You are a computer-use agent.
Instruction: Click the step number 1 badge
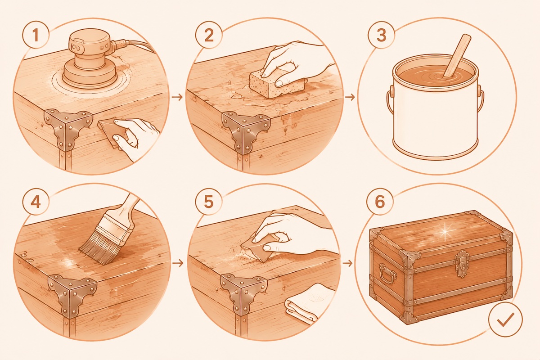[36, 35]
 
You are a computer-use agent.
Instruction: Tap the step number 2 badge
[209, 36]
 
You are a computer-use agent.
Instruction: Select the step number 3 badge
[382, 35]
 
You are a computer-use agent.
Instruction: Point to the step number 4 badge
[36, 202]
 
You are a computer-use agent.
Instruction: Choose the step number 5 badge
[209, 202]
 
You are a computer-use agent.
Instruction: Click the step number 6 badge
[380, 202]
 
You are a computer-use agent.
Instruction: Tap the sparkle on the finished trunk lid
[445, 231]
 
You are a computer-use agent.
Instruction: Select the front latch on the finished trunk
[461, 264]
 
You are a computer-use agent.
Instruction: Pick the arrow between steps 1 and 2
[177, 97]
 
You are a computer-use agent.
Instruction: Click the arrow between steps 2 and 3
[350, 97]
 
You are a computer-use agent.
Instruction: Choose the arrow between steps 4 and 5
[178, 263]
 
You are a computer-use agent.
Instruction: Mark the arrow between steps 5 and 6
[347, 263]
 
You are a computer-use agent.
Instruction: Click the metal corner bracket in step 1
[67, 128]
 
